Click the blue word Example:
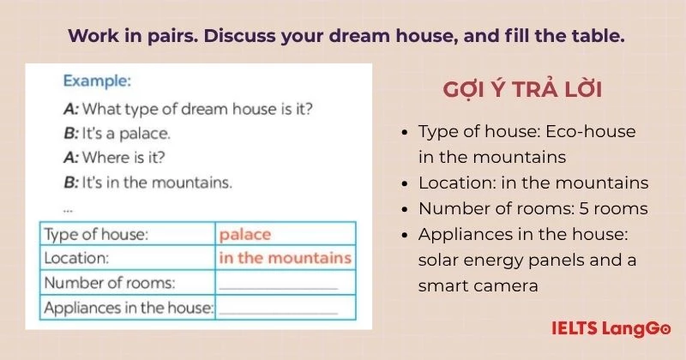coord(97,81)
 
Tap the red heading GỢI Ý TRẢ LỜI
coord(522,89)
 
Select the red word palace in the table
coord(245,235)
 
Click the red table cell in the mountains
coord(286,258)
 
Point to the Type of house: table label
coord(96,235)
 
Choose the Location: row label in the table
coord(76,258)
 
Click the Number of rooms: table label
coord(110,283)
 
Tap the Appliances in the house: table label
coord(129,308)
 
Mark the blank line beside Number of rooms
coord(278,289)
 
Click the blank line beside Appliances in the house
coord(278,313)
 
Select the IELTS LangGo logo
coord(611,328)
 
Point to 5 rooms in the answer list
coord(613,208)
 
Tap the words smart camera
coord(478,286)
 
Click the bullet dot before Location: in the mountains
coord(405,183)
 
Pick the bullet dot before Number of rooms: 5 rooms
coord(405,209)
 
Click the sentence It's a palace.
coord(126,134)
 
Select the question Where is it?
coord(123,158)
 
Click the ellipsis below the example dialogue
coord(68,210)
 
